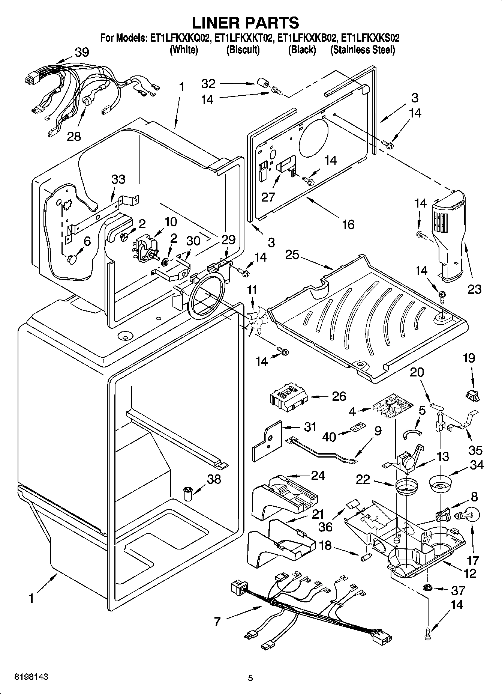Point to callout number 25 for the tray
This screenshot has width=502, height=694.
point(292,255)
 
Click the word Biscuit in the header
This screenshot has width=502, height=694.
point(243,50)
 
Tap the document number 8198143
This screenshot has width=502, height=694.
point(31,677)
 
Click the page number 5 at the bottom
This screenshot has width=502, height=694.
point(250,678)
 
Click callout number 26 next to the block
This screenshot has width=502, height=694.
point(339,396)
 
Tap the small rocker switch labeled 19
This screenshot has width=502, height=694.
point(472,394)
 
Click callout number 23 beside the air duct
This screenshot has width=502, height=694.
point(474,289)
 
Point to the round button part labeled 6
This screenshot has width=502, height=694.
point(72,259)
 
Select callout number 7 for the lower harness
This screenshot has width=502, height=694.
point(218,622)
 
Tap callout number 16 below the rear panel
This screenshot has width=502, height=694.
point(348,224)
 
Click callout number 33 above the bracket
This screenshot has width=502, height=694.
point(118,179)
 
